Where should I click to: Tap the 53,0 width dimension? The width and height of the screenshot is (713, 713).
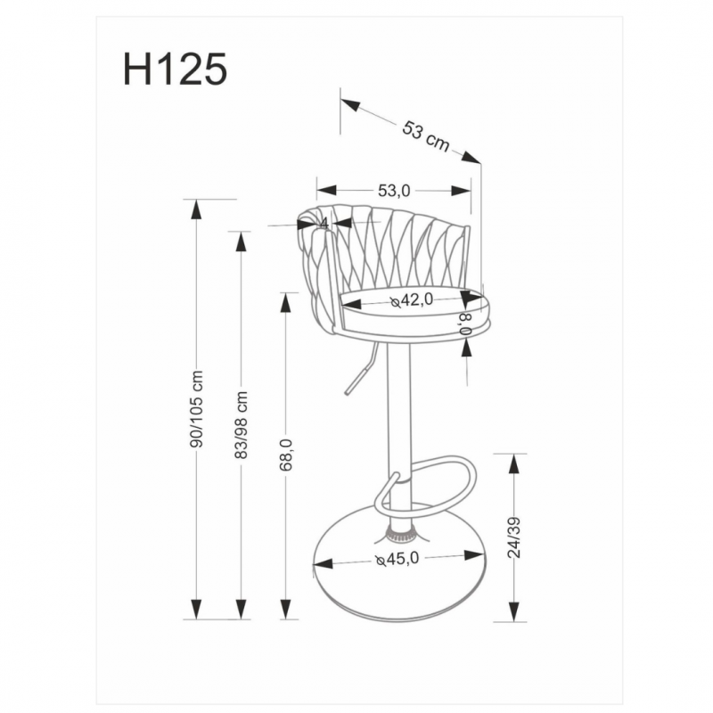coord(393,190)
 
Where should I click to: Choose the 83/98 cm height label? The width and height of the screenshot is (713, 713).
coord(241,423)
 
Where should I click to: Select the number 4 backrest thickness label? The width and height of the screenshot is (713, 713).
coord(324,223)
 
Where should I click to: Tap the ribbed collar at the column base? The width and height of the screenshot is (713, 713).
coord(399,536)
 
